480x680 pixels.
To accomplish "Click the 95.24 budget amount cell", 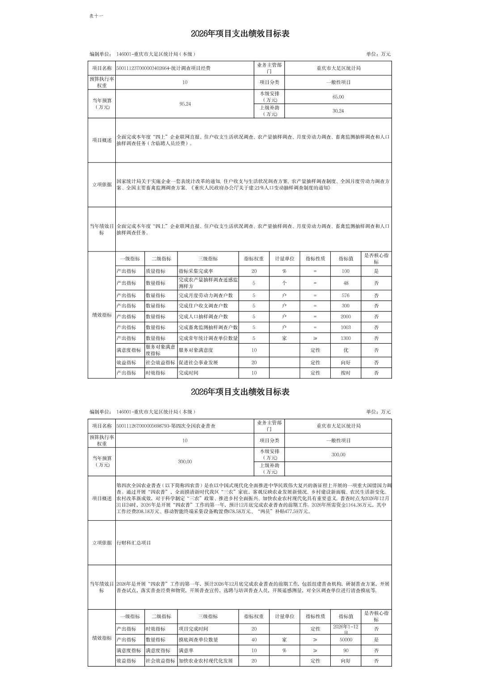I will pos(185,104).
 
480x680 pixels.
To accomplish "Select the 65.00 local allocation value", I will pos(338,97).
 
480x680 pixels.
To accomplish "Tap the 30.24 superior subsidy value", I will pos(338,111).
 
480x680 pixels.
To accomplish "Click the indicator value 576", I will pos(345,295).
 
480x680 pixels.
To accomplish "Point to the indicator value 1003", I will pos(345,327).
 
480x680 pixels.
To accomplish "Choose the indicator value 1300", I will pos(345,338).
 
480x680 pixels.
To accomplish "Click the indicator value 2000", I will pos(345,317).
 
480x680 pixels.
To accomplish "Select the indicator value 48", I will pos(345,283).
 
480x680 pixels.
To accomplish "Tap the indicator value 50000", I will pos(345,640).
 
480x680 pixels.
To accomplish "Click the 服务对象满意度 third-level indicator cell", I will pos(196,350).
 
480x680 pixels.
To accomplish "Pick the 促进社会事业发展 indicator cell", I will pos(198,363).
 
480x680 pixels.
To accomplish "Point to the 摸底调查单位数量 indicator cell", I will pos(198,640).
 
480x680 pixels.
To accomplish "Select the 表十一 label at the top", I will pos(96,16).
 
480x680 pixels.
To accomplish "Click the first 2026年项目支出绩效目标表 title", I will pos(240,34).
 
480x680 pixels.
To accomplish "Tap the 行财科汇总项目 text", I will pos(134,543).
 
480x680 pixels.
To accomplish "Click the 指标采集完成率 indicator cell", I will pos(196,271).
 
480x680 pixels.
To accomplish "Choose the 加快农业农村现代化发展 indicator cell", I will pos(206,661).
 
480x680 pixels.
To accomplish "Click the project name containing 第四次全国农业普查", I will pos(166,426).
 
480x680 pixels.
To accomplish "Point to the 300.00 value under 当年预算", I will pos(185,462).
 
